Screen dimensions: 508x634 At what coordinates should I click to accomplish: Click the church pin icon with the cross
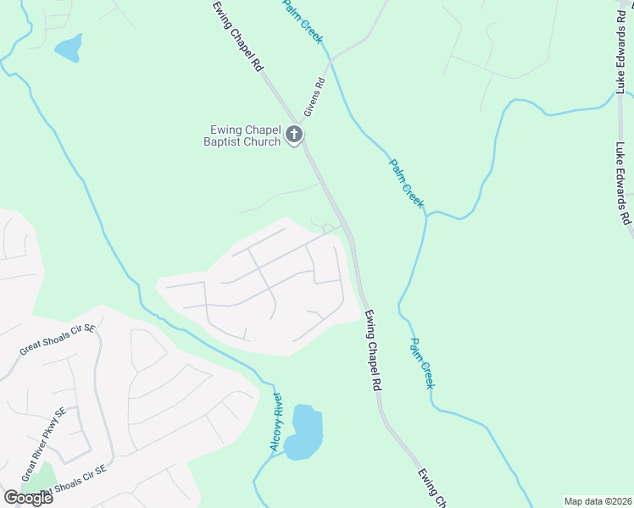[x=294, y=135]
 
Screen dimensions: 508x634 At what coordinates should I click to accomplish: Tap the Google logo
[x=28, y=498]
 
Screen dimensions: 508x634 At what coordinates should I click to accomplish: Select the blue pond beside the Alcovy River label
[x=304, y=432]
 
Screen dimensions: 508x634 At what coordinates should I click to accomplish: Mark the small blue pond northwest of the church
[x=69, y=47]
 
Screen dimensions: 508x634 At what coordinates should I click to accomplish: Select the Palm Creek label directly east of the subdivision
[x=422, y=363]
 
